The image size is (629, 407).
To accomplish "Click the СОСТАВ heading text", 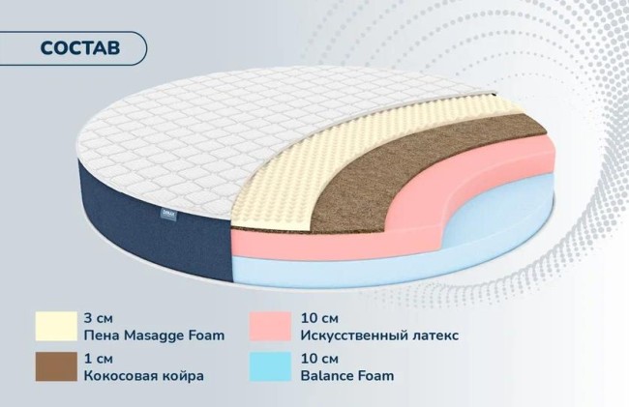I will pos(80,48).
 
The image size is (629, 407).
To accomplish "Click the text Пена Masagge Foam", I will pos(155,335).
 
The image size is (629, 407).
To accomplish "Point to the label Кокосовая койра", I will pos(144,376).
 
